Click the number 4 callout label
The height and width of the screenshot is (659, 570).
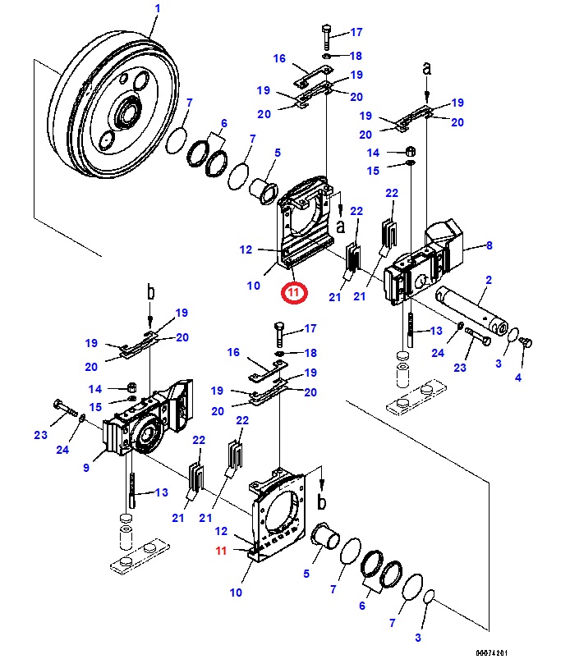517,378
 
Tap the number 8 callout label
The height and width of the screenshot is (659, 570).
489,245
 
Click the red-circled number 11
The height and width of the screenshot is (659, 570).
294,292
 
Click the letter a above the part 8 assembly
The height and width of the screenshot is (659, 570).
426,69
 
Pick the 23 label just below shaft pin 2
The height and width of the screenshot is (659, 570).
460,368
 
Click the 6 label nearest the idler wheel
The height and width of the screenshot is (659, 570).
222,123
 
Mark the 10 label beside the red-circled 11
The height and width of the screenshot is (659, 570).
253,286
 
